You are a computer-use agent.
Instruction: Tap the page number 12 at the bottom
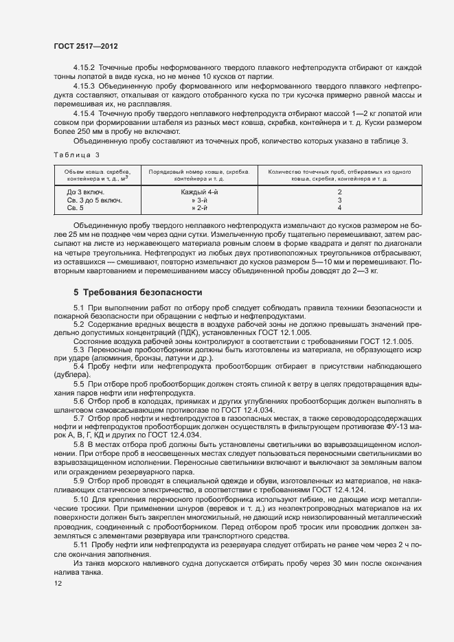[58, 583]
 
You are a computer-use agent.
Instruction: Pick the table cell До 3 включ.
[86, 192]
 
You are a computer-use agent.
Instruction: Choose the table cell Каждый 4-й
[199, 192]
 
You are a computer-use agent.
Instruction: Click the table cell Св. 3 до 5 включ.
[94, 199]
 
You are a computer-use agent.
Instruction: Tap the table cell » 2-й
[199, 207]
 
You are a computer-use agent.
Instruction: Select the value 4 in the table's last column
[339, 207]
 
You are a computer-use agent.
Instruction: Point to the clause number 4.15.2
[84, 67]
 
